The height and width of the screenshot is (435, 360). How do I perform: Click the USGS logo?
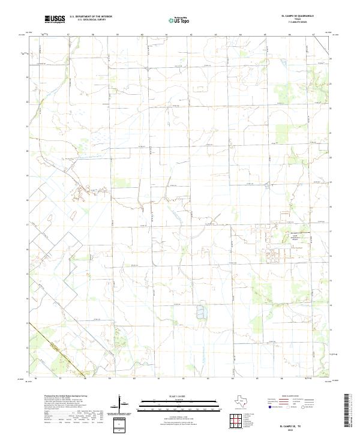point(55,19)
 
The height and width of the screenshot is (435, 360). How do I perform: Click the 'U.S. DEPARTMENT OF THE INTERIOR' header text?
point(90,17)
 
